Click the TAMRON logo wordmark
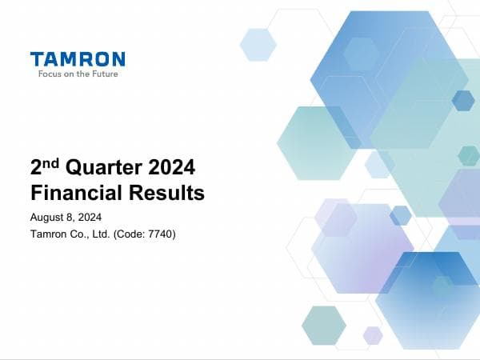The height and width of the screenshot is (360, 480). [77, 59]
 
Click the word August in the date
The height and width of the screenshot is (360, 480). [47, 218]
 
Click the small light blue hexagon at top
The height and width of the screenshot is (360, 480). [258, 45]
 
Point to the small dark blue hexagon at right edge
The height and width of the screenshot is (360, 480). [463, 100]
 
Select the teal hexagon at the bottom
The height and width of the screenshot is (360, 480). [324, 325]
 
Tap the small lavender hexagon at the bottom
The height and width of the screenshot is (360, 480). [373, 335]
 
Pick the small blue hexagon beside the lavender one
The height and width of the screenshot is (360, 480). [400, 215]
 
